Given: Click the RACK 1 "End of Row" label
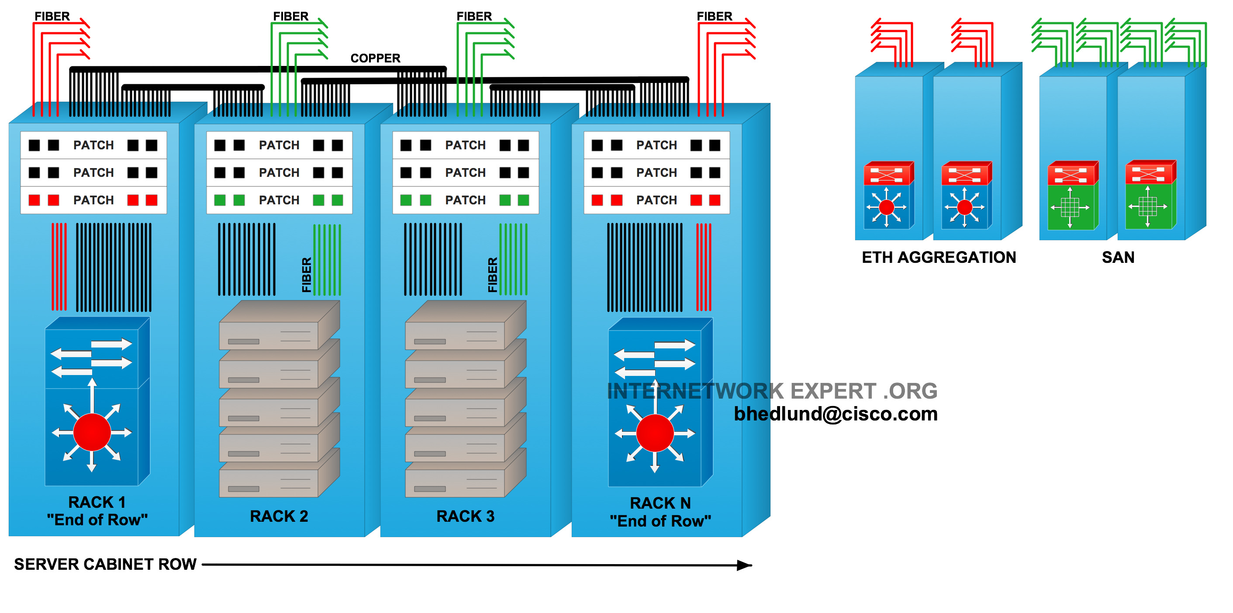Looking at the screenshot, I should (x=97, y=511).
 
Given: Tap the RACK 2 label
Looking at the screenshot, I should (x=279, y=517).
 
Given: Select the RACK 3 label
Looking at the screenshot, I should (x=465, y=517).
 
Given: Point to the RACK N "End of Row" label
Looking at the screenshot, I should (x=660, y=512).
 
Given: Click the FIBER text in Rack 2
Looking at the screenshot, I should (x=307, y=275).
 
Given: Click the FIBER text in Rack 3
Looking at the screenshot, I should (x=493, y=275).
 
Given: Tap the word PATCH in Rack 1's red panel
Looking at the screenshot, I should (x=93, y=200).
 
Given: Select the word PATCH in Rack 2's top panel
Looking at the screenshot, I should (x=279, y=145).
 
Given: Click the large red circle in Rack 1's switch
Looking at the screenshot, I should (x=92, y=432).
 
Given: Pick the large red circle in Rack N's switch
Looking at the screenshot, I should (x=655, y=433).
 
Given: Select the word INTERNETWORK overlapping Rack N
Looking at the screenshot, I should (x=687, y=392).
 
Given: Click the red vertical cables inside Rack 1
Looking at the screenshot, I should (x=59, y=266).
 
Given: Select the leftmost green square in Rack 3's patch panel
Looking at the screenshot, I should (x=406, y=200).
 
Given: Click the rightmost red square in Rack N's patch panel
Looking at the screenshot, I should (x=715, y=200).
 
